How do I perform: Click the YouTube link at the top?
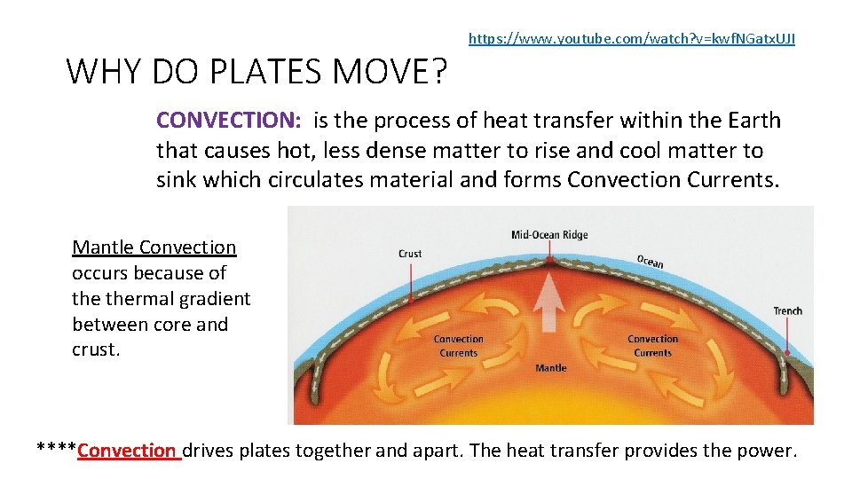[631, 38]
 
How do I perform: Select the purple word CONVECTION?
[230, 121]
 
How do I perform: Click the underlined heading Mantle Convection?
[154, 247]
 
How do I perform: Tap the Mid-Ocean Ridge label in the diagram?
[549, 235]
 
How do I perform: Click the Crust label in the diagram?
[410, 254]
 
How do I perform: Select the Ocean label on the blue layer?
[650, 261]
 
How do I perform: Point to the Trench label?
[787, 310]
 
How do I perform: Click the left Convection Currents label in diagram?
[458, 346]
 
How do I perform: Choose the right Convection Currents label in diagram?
[652, 346]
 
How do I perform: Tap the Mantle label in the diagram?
[550, 367]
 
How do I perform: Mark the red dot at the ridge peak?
[550, 261]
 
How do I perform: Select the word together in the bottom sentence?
[333, 451]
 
